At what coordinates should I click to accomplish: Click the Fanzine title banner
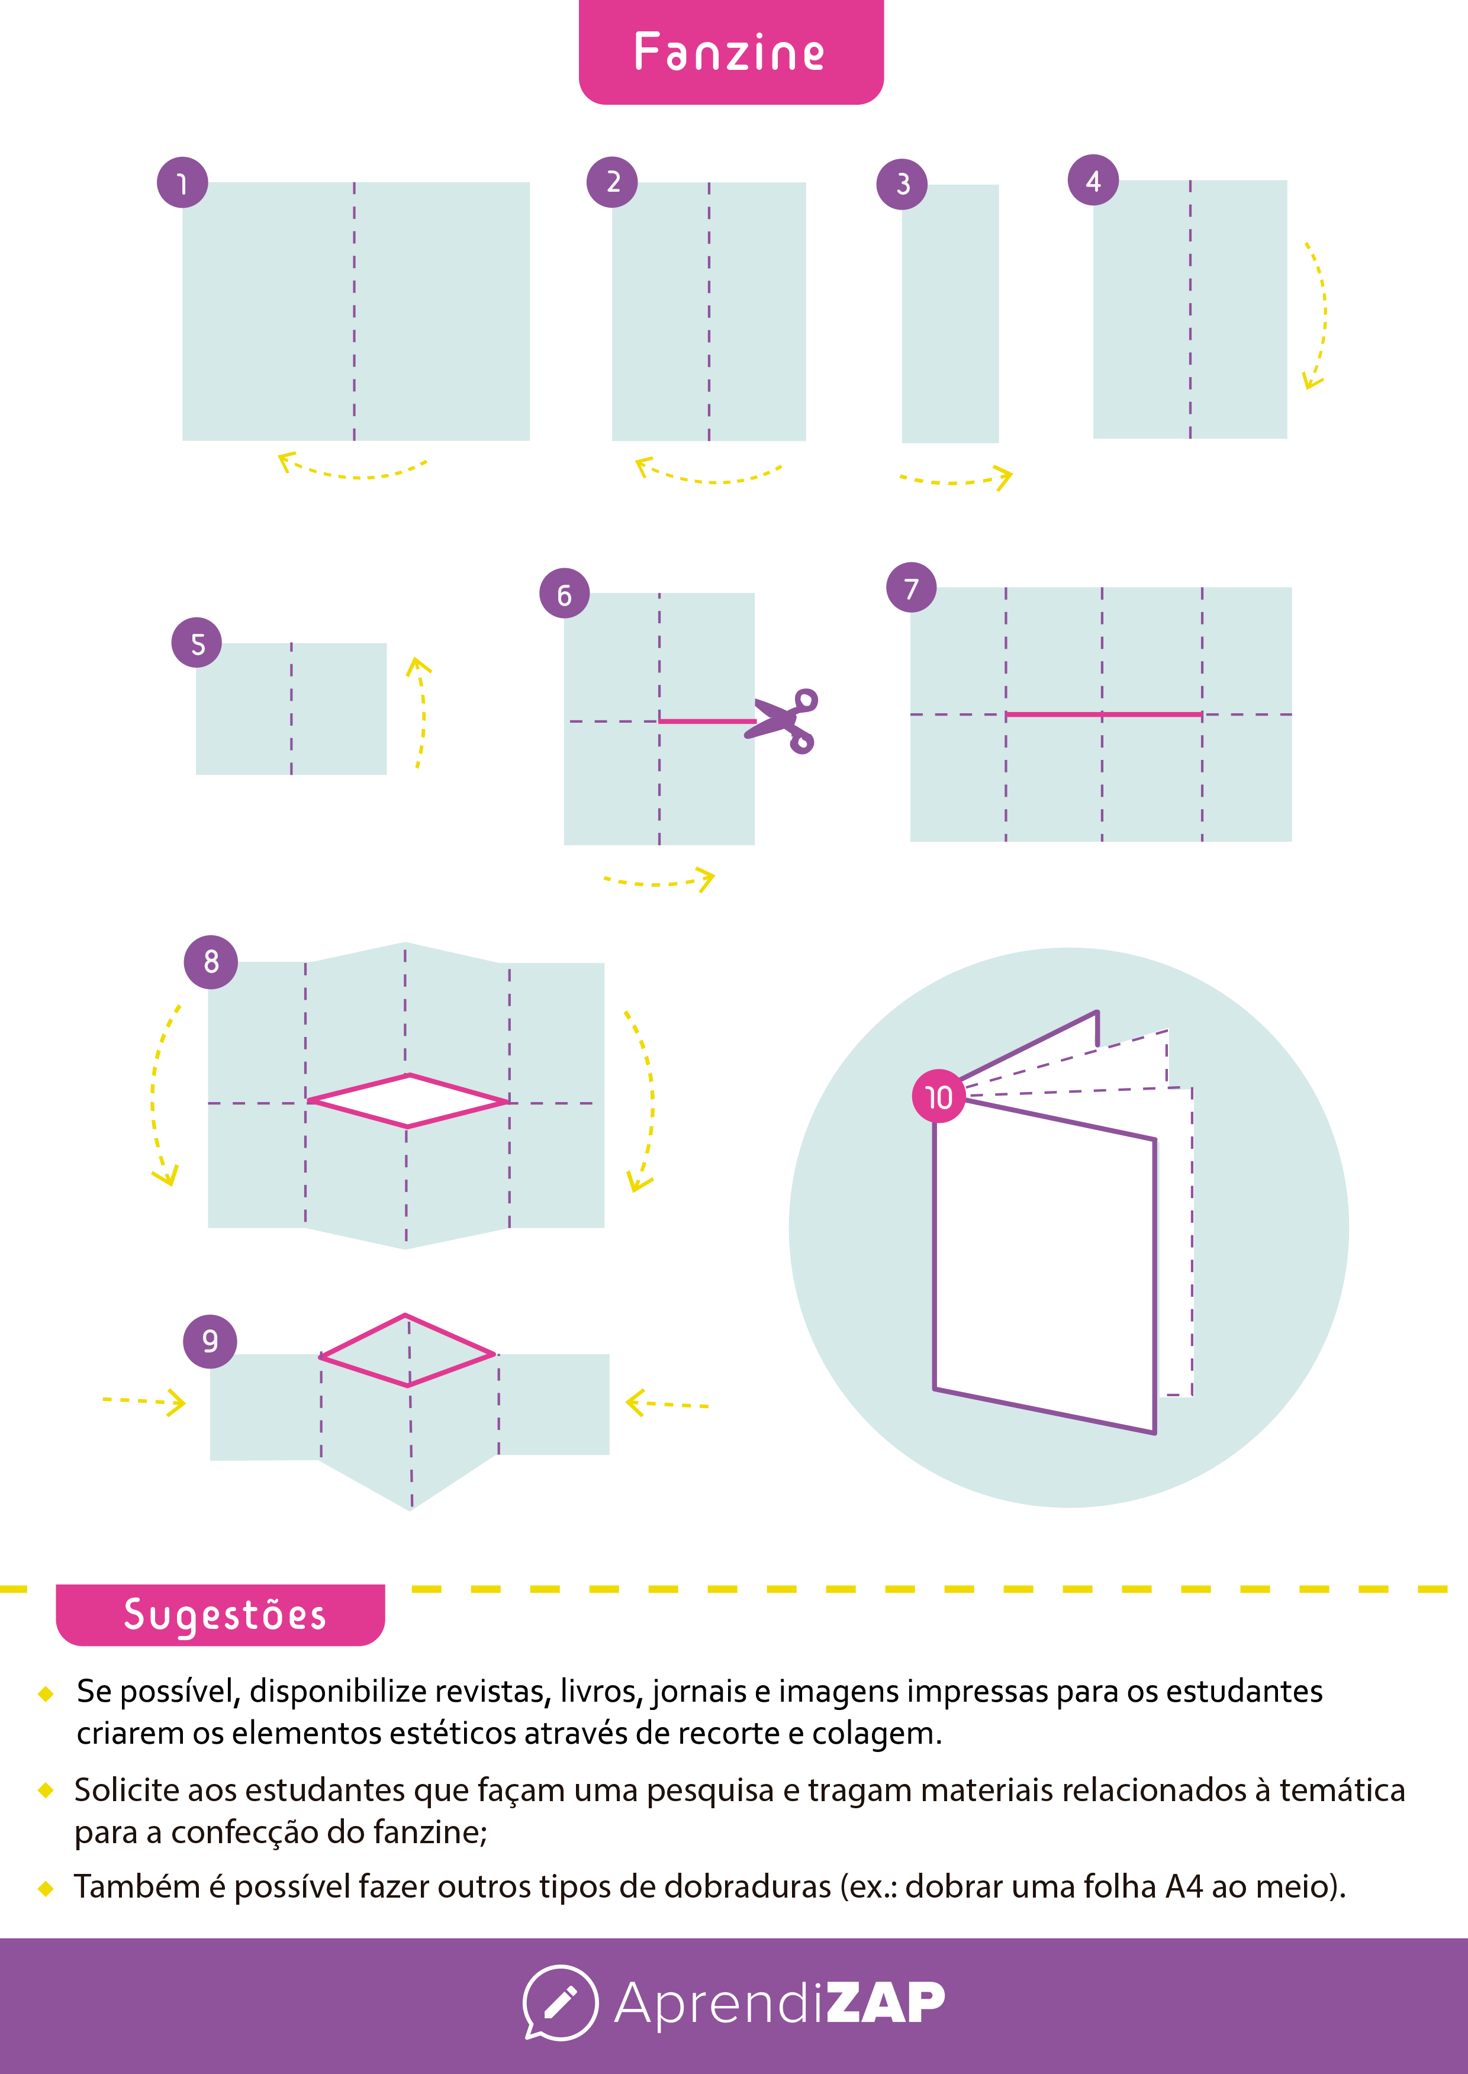[730, 51]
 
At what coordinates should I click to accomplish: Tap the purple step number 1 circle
[182, 182]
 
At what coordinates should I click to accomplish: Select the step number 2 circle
[612, 182]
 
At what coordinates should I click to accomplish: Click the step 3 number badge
[902, 184]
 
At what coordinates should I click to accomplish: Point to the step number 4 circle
[1093, 181]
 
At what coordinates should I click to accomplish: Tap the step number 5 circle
[197, 643]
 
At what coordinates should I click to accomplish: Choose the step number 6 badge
[564, 594]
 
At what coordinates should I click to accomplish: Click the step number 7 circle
[911, 587]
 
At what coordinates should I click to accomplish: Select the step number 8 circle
[211, 962]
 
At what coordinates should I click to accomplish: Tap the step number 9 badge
[210, 1341]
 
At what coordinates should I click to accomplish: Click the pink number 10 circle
[938, 1096]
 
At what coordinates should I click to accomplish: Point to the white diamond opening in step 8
[408, 1101]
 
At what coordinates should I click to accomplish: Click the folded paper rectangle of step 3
[950, 314]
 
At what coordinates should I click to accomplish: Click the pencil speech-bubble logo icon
[561, 2002]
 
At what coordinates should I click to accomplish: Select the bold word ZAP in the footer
[886, 2002]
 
